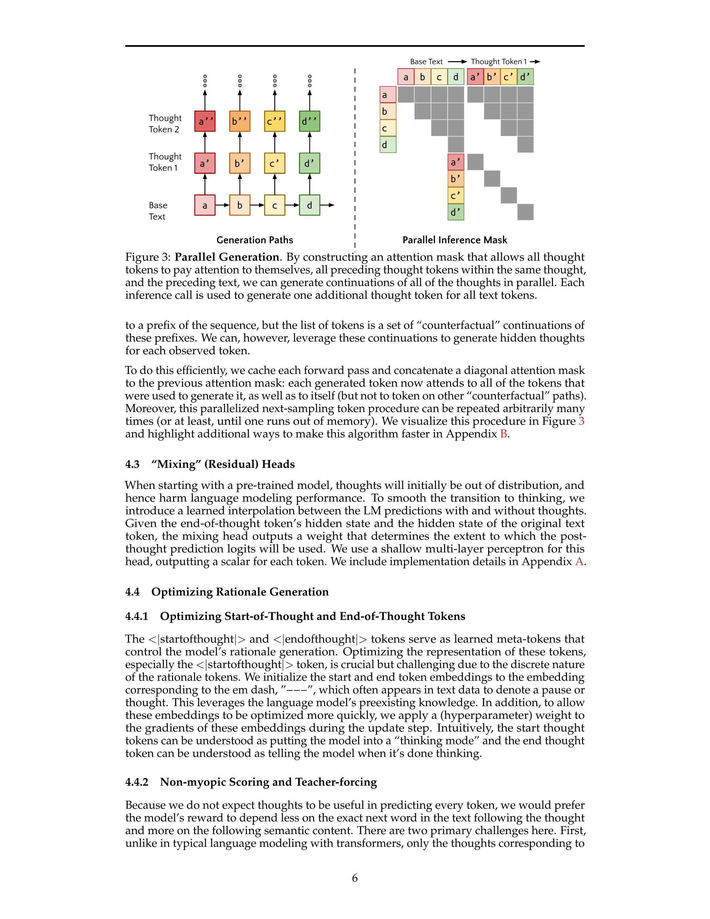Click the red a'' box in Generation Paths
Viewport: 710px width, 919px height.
pyautogui.click(x=205, y=121)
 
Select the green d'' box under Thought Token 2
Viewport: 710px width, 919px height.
pyautogui.click(x=310, y=121)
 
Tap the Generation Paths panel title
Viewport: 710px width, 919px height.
pyautogui.click(x=255, y=240)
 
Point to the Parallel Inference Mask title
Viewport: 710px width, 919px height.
pyautogui.click(x=455, y=240)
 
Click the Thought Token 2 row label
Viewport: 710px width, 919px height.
pyautogui.click(x=165, y=124)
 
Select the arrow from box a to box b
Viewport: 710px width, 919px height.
pyautogui.click(x=222, y=205)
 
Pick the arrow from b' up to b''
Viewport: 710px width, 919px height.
pyautogui.click(x=240, y=142)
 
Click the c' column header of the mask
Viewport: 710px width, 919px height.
pyautogui.click(x=509, y=77)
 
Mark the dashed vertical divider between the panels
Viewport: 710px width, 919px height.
pyautogui.click(x=355, y=160)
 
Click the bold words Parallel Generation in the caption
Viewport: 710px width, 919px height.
pyautogui.click(x=227, y=257)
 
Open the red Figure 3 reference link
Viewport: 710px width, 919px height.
pyautogui.click(x=581, y=421)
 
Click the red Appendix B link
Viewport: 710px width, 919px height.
pyautogui.click(x=504, y=434)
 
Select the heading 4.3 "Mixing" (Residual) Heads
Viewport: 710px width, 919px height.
pyautogui.click(x=210, y=464)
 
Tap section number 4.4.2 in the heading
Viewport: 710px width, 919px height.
pyautogui.click(x=137, y=782)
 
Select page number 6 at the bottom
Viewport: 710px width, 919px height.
pyautogui.click(x=354, y=878)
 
